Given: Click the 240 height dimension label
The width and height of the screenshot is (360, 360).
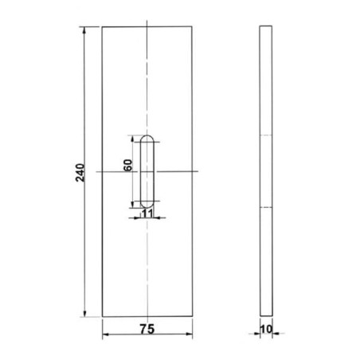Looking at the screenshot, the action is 80,173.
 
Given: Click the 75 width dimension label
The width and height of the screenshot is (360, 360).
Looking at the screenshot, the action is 147,329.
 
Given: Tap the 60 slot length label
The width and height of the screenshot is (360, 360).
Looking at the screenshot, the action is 127,165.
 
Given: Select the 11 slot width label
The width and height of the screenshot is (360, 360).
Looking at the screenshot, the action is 147,213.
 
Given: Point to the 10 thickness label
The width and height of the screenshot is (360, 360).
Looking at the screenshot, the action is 266,329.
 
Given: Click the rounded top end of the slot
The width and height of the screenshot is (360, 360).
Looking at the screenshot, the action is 147,135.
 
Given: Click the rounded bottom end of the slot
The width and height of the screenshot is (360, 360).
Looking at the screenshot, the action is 147,207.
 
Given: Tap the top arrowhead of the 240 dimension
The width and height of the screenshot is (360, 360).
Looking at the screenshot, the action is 84,30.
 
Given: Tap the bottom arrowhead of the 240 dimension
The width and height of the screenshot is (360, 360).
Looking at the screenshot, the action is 84,313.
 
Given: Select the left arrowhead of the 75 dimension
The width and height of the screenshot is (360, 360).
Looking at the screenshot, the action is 106,335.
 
